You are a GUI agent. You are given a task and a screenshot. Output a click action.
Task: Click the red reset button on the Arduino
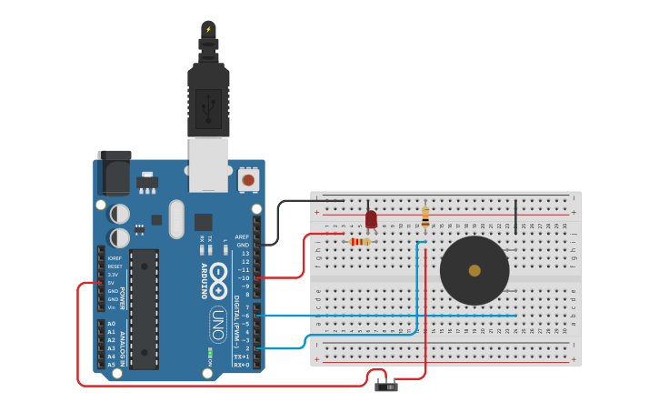tap(247, 180)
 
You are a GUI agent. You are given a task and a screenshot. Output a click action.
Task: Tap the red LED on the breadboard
tap(371, 219)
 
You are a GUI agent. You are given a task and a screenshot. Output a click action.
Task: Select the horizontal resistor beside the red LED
tap(360, 242)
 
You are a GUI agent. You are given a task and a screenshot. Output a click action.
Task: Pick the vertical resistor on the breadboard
tap(425, 216)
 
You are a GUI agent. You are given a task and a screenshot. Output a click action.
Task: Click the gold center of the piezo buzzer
tap(474, 270)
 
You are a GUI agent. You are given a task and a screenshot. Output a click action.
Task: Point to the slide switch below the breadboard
tap(386, 387)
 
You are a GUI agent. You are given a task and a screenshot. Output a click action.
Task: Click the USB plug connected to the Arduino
tap(208, 100)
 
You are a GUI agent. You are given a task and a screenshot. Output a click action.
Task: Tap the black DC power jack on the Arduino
tap(115, 173)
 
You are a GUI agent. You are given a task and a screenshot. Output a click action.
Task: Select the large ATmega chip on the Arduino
tap(144, 309)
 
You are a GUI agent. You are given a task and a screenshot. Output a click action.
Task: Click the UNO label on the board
tap(218, 324)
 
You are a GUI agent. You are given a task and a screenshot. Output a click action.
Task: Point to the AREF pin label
tap(242, 236)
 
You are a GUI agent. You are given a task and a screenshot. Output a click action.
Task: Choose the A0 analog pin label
tap(111, 324)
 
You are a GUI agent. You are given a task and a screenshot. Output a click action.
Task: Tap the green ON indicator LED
tap(210, 352)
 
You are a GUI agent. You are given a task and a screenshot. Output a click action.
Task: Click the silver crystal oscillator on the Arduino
tap(176, 218)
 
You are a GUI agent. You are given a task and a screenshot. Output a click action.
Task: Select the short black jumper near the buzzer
tap(515, 216)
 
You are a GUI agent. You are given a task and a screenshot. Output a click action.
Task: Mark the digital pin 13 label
tap(245, 253)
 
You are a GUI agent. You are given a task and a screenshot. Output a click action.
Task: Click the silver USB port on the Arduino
tap(208, 165)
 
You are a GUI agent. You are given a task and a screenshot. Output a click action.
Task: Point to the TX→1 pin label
tap(242, 357)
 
